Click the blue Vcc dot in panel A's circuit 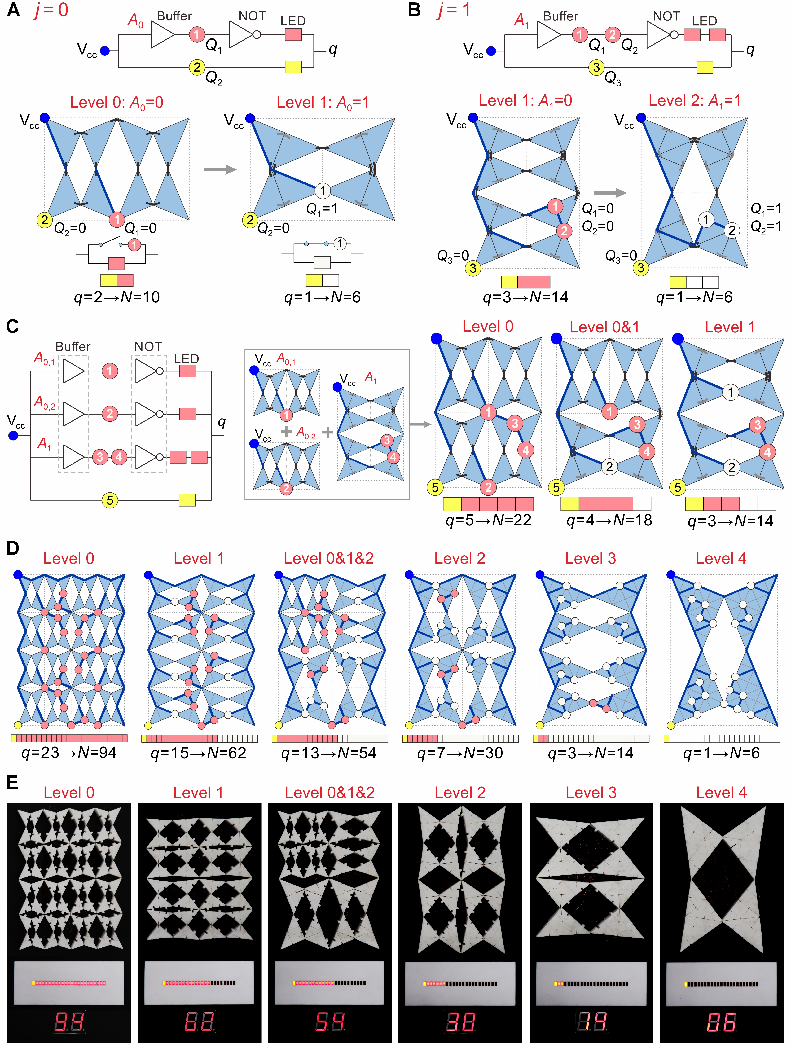pos(105,51)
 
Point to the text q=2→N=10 pos(117,297)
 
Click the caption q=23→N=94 pos(69,753)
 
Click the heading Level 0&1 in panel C pos(604,327)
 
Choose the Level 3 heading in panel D pos(591,558)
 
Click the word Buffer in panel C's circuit pos(73,347)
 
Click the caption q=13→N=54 pos(329,753)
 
